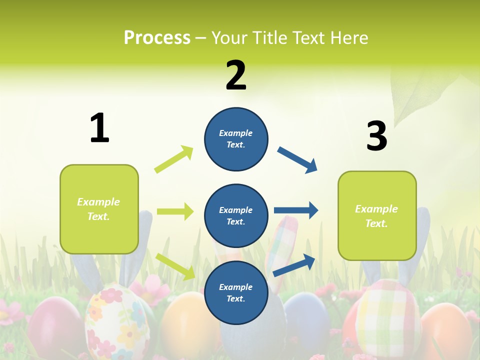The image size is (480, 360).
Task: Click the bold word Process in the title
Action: coord(157,37)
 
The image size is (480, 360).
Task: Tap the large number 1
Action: coord(99,128)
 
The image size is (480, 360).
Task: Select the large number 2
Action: coord(236,75)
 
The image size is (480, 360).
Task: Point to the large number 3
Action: coord(376,136)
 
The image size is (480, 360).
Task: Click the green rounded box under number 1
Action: coord(99,209)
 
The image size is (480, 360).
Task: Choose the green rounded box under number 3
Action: coord(377,215)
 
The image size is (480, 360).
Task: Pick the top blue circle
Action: coord(236,139)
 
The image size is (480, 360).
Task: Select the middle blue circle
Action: coord(236,215)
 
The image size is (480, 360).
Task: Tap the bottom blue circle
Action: coord(236,292)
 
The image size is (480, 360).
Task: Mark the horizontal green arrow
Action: coord(175,211)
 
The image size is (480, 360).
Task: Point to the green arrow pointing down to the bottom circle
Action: coord(175,266)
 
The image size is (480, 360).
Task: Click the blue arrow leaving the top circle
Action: coord(297,160)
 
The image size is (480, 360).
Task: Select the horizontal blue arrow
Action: coord(295,210)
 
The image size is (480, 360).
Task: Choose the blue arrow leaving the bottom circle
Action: coord(294,265)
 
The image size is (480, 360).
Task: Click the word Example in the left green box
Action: coord(98,202)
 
